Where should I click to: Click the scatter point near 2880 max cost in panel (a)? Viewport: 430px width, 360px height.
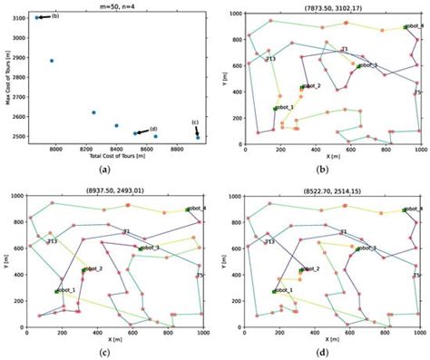point(52,61)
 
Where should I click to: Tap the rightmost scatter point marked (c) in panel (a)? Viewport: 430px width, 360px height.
point(198,137)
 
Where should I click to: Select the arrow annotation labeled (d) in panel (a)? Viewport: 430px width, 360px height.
point(145,131)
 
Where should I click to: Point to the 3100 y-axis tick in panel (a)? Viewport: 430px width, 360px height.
point(20,17)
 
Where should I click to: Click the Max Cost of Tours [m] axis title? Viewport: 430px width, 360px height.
point(6,78)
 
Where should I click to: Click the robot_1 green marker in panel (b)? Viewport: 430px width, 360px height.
point(276,108)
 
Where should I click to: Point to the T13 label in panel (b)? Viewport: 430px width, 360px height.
point(270,58)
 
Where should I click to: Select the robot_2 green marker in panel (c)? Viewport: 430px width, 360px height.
point(84,269)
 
